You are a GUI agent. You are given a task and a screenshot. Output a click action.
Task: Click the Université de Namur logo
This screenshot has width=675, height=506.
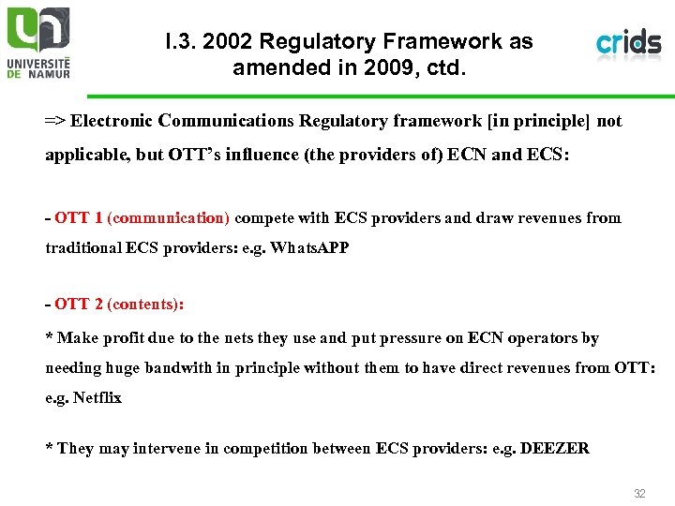pyautogui.click(x=38, y=43)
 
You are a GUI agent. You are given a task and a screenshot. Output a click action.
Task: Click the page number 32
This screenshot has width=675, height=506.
pyautogui.click(x=639, y=493)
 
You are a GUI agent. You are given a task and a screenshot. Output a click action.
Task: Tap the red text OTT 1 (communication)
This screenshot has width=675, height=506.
pyautogui.click(x=142, y=218)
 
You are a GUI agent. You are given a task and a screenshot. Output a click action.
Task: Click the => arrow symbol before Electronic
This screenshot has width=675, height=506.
pyautogui.click(x=55, y=122)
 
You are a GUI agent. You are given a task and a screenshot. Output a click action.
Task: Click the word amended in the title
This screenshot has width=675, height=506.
pyautogui.click(x=273, y=67)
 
